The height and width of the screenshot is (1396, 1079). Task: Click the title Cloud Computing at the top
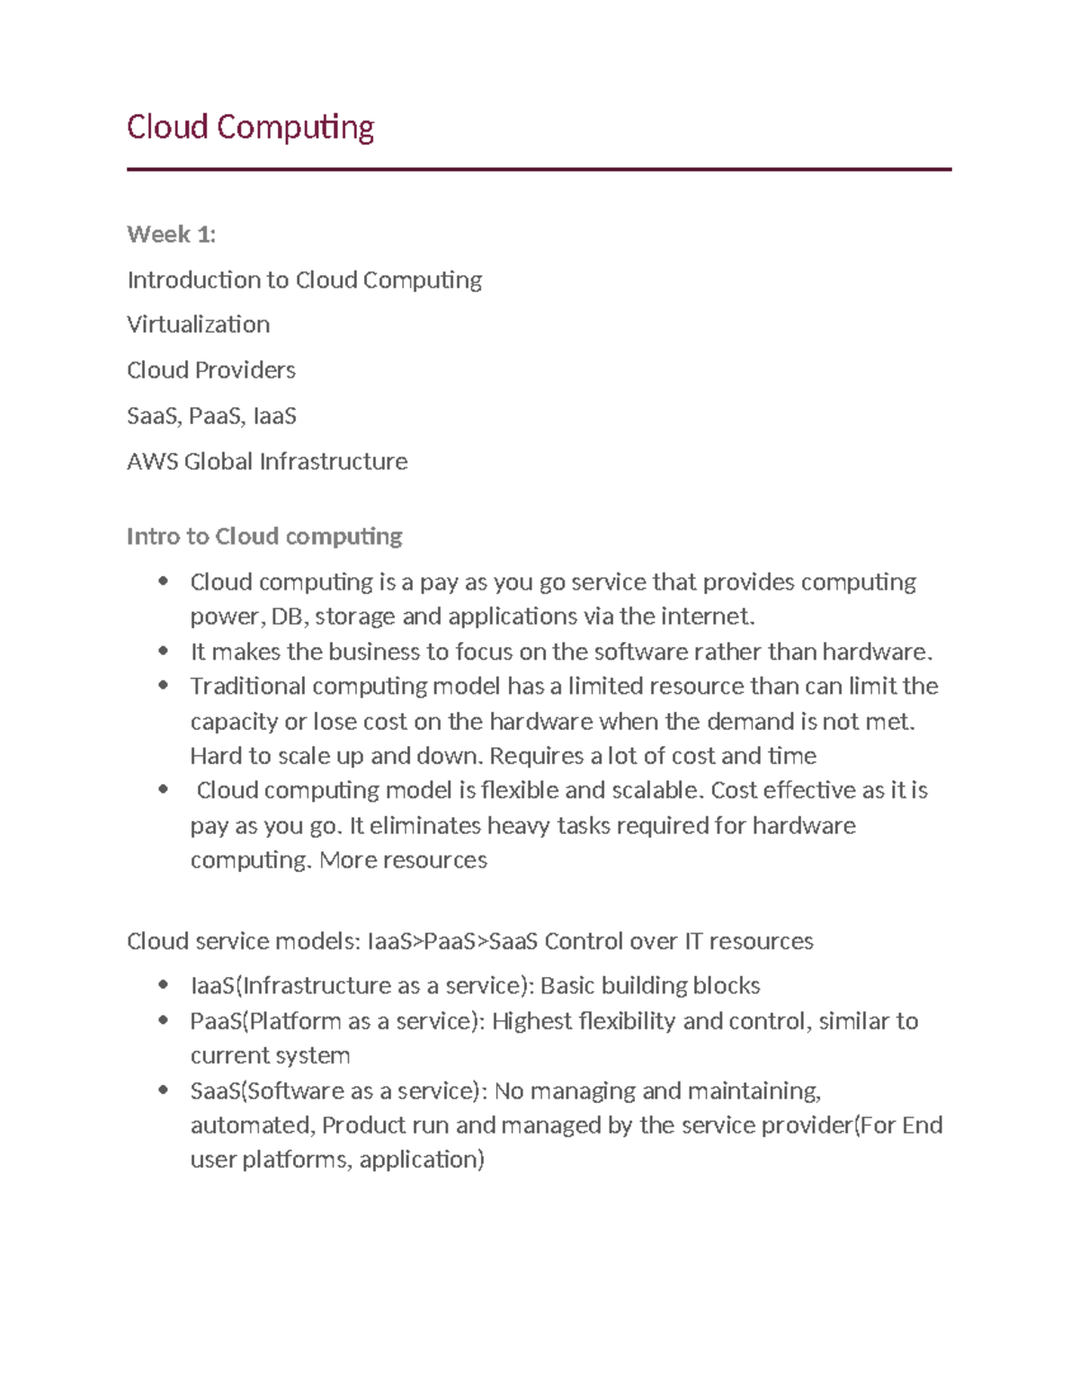point(250,128)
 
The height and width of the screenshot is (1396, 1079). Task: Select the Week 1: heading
point(171,235)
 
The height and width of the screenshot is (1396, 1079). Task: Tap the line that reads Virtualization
point(198,325)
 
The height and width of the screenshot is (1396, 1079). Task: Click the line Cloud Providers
point(210,370)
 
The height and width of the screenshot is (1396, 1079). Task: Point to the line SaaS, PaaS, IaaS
point(211,416)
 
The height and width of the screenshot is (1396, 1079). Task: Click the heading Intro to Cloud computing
point(264,537)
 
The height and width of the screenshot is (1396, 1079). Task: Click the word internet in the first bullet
point(706,617)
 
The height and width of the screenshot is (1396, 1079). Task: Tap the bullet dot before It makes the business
point(163,650)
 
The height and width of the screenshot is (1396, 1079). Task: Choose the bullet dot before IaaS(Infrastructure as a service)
point(163,985)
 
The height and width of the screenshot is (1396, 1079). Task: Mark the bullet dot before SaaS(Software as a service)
point(163,1090)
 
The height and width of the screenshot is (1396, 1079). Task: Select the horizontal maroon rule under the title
point(539,169)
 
